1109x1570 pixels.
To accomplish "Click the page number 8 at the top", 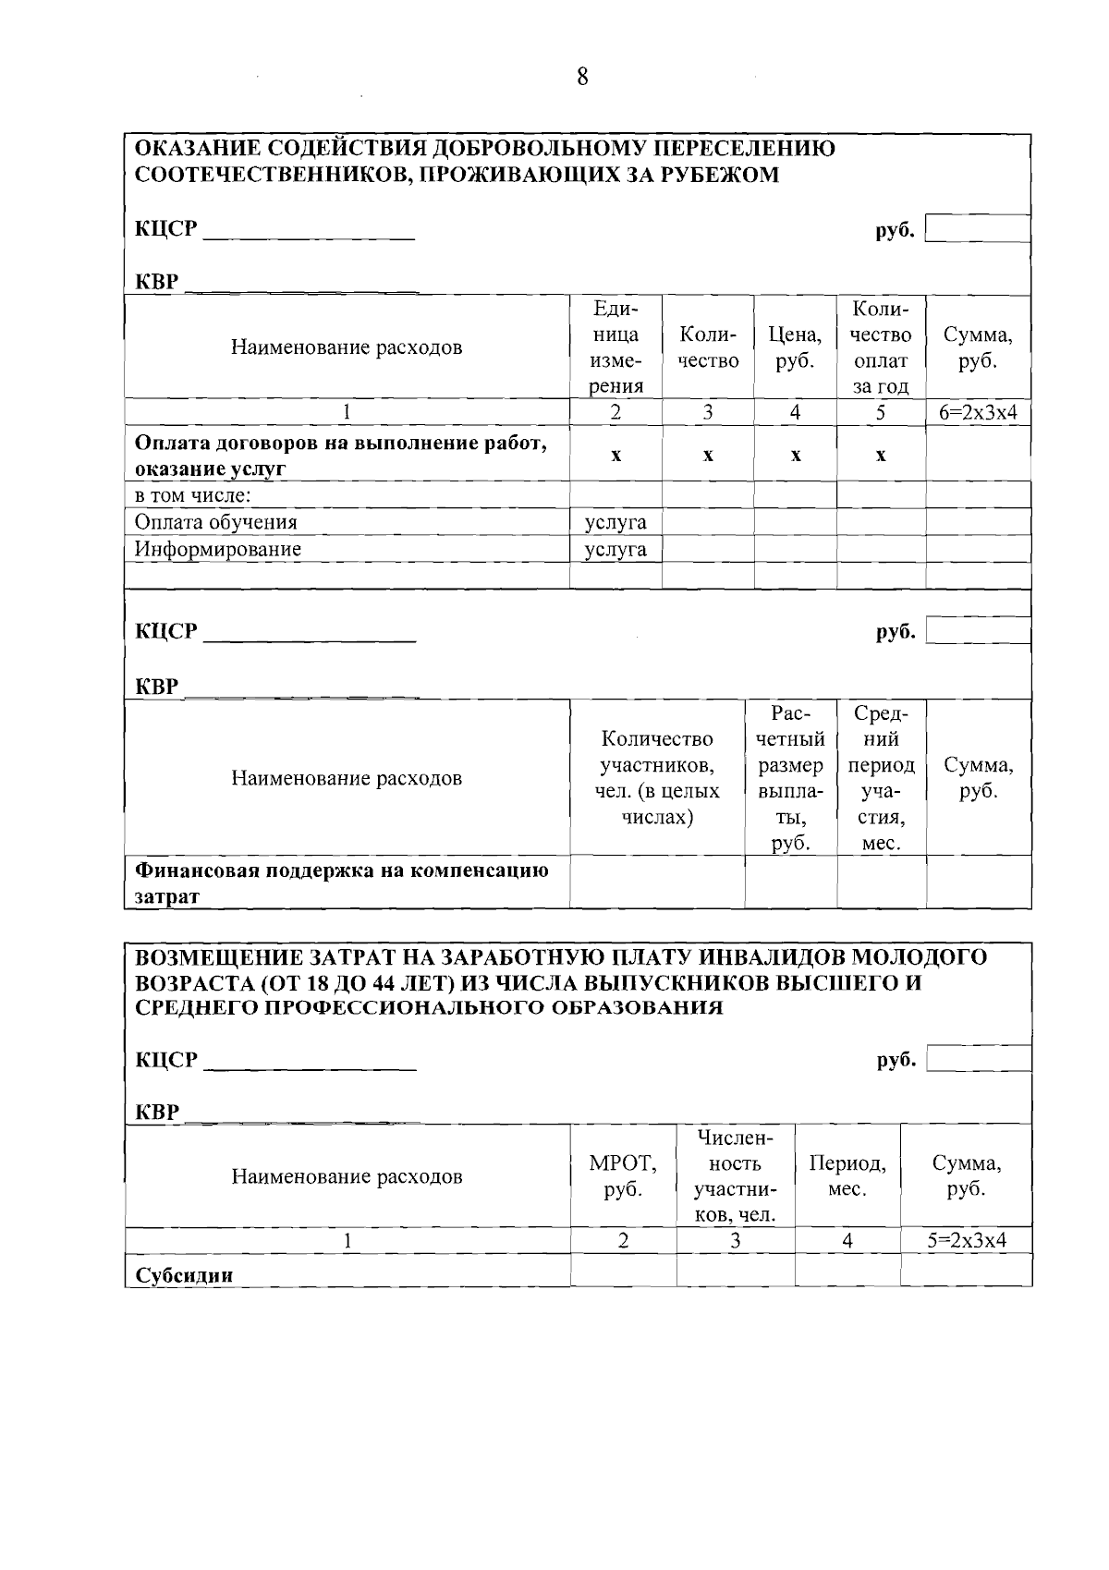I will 582,77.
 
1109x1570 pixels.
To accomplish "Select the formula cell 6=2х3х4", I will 978,413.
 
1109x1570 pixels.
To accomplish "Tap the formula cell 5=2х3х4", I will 966,1241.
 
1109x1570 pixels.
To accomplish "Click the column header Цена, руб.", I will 795,347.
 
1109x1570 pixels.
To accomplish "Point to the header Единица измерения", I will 615,347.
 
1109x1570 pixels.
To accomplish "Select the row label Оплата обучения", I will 216,522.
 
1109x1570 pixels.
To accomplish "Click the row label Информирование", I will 218,549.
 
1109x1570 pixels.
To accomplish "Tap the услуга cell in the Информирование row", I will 615,549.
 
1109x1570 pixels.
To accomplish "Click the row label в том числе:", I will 193,495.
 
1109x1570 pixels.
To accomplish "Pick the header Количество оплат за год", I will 881,347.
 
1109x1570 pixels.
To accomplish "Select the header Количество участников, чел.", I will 657,778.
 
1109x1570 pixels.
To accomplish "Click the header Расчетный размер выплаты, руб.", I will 790,778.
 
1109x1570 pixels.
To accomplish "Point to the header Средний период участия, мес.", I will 881,778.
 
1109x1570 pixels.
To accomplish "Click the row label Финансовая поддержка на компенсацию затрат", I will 342,882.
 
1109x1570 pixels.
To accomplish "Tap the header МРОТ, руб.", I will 623,1176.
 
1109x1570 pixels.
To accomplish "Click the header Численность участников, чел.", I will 735,1176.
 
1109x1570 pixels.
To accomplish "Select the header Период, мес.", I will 847,1176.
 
